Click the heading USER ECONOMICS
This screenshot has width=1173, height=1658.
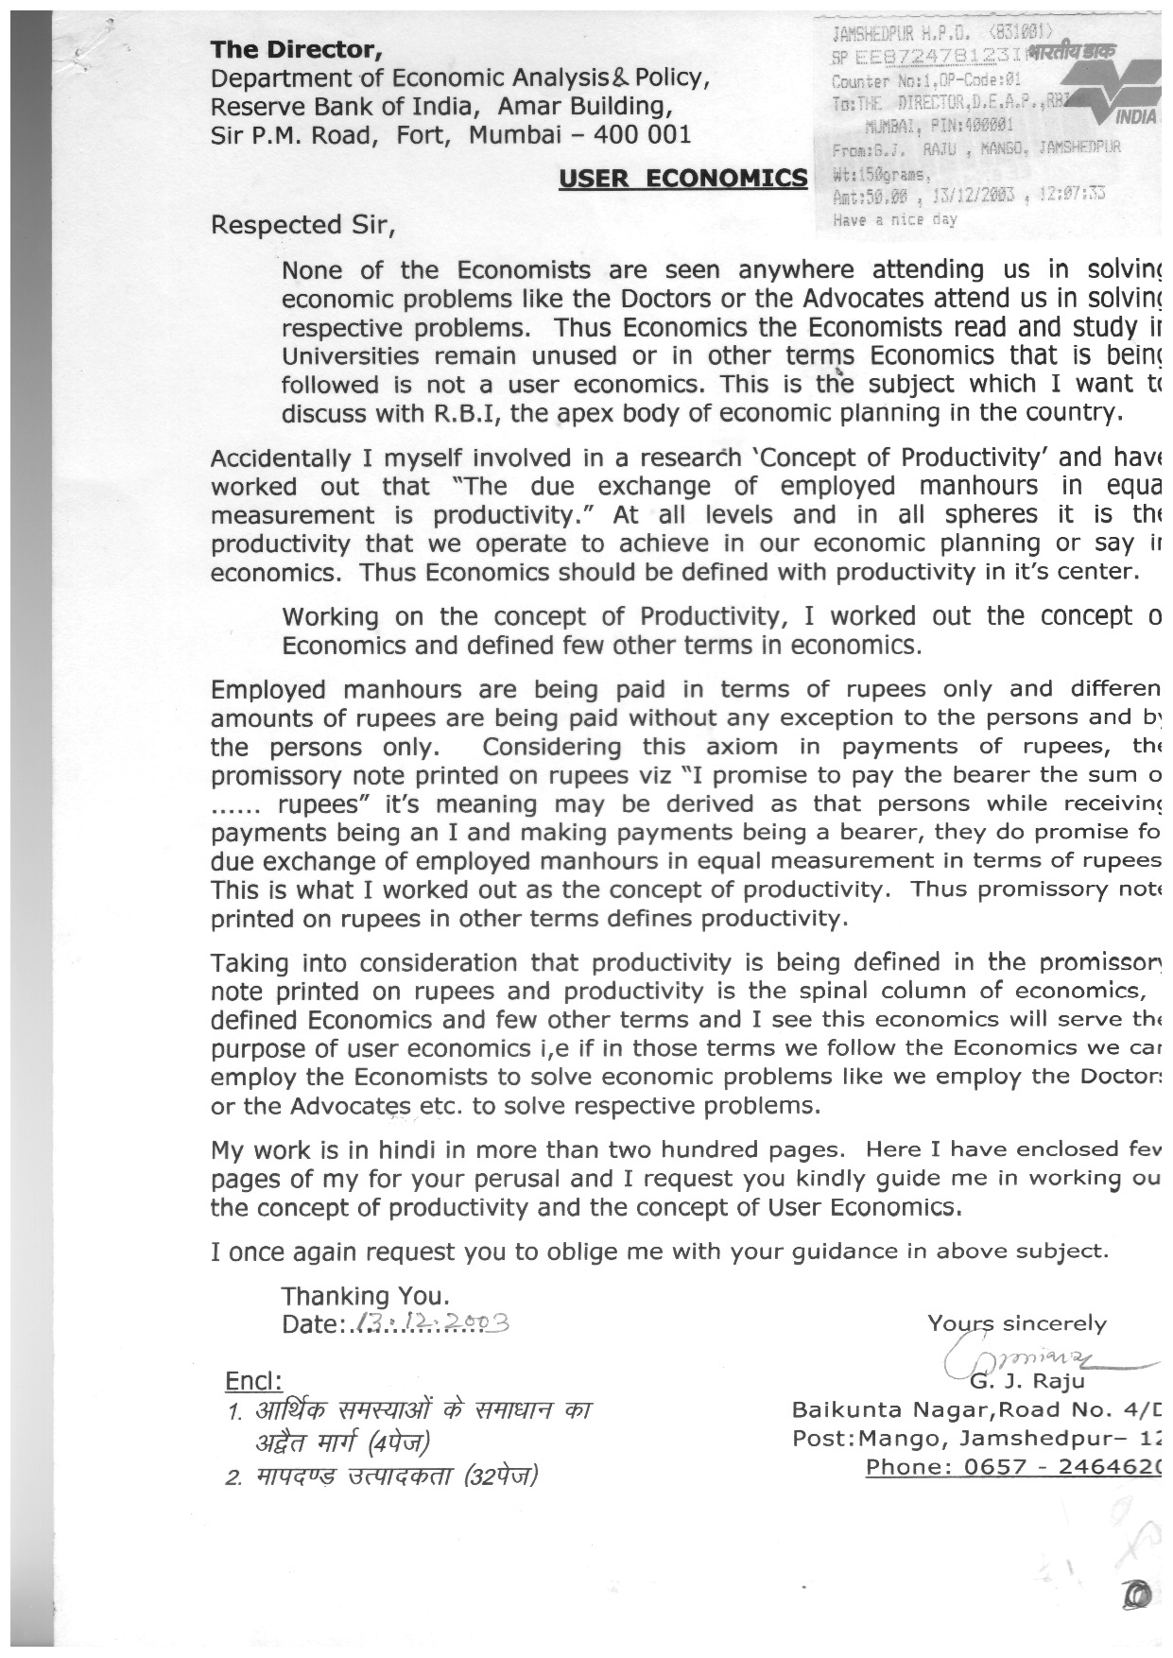[x=682, y=179]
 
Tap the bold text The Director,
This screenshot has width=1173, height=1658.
[x=296, y=49]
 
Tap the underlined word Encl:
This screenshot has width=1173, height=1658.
[x=253, y=1381]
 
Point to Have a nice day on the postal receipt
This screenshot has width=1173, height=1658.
[x=895, y=220]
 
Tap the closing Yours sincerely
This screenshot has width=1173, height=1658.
[x=1016, y=1323]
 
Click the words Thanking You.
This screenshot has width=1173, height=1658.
[x=365, y=1295]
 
